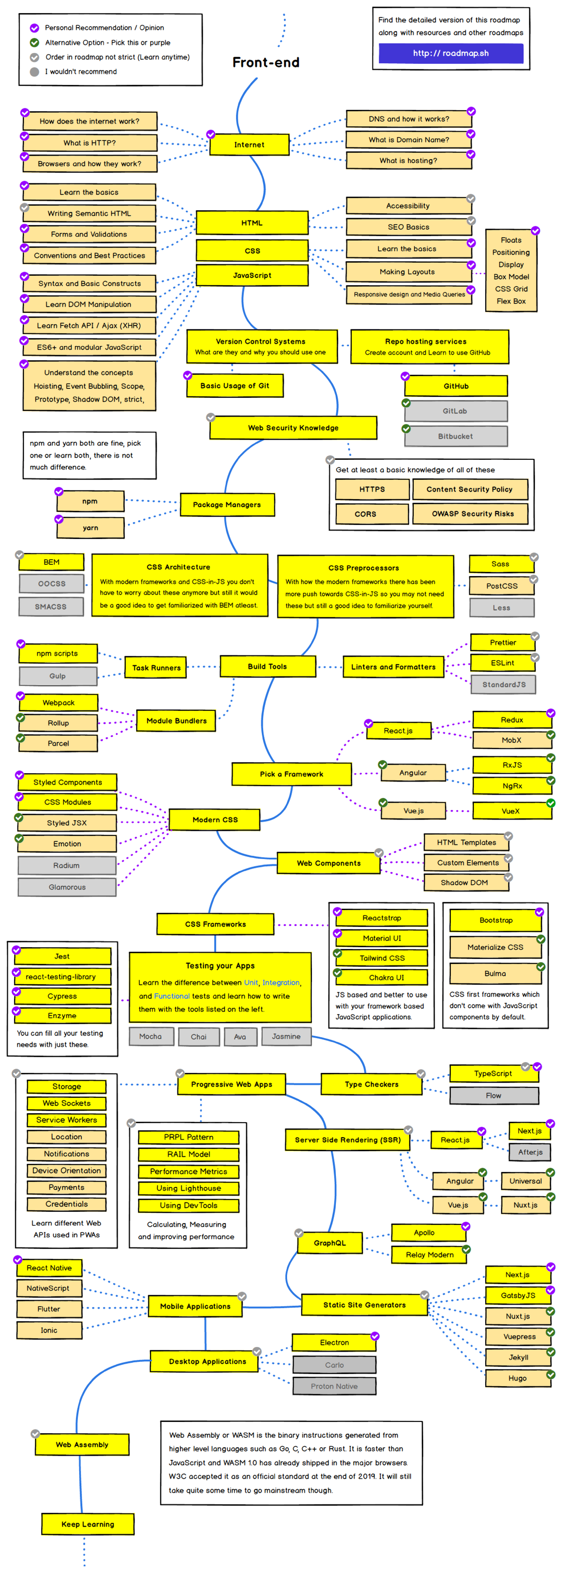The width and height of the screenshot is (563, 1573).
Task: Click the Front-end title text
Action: [266, 62]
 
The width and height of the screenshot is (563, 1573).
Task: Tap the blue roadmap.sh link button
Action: [451, 53]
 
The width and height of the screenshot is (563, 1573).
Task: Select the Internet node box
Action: [249, 144]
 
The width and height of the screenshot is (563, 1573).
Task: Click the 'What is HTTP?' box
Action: [90, 143]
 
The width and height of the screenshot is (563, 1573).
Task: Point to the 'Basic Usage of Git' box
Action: [235, 385]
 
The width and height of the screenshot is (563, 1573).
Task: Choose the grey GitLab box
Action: [456, 411]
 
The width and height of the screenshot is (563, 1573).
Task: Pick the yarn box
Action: [91, 528]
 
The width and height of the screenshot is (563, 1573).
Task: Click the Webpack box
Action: [59, 703]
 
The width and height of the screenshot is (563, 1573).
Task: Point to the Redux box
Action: [512, 720]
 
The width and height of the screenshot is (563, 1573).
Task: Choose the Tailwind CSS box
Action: [382, 958]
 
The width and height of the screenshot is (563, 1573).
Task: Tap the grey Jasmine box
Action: [286, 1036]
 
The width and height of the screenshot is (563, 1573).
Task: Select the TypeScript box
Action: [494, 1073]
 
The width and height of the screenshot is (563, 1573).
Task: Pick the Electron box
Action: [335, 1342]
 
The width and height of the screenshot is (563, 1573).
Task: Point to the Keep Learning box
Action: [88, 1524]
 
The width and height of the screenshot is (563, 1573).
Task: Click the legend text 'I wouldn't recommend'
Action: [81, 71]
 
